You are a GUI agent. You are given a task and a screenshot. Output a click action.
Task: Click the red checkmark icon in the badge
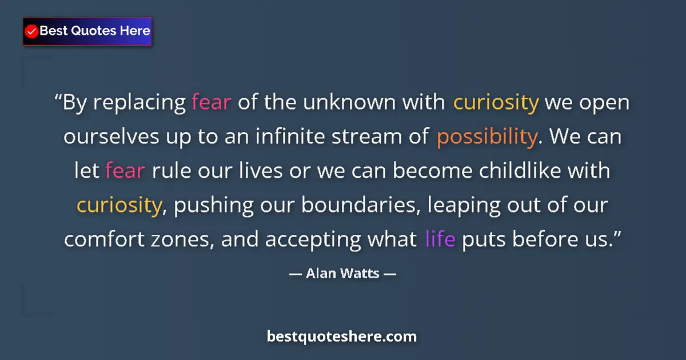32,31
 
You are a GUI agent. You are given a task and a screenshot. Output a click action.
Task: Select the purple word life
440,239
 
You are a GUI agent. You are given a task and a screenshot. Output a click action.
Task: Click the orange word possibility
486,137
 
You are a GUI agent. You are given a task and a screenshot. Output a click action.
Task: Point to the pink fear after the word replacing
212,103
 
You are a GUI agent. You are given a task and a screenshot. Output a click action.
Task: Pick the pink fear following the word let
125,171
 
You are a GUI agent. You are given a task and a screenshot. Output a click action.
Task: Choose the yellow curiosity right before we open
496,103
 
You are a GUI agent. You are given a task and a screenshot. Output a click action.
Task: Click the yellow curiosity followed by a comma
119,205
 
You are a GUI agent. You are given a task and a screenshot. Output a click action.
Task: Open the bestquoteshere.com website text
342,337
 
